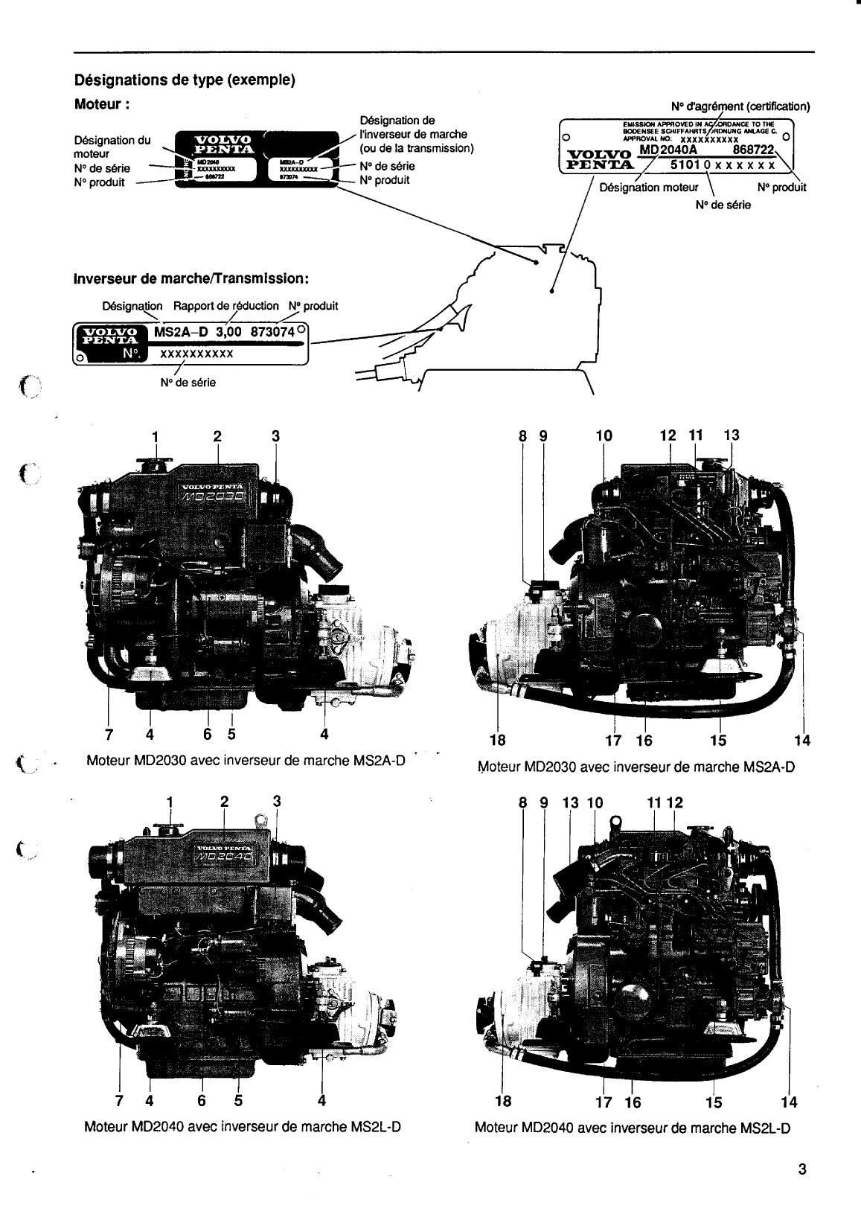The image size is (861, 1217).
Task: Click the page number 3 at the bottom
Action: (x=802, y=1169)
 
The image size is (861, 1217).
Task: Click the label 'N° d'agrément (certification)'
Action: (x=740, y=106)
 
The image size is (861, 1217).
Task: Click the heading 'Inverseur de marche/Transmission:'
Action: (x=191, y=278)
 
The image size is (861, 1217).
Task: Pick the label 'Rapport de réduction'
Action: (x=225, y=306)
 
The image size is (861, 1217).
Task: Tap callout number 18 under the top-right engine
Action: (x=497, y=740)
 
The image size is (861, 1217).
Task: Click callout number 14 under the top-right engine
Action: (x=801, y=740)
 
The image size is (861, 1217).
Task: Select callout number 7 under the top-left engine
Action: (x=109, y=735)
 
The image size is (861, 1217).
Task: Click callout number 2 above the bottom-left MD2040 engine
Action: (x=224, y=802)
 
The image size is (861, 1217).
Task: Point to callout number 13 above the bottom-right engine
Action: (x=570, y=802)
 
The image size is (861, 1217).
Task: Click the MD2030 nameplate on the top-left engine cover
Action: (x=221, y=495)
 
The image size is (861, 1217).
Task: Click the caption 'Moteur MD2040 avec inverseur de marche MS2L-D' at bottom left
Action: (x=243, y=1126)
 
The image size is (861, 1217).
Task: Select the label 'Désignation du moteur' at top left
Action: (x=112, y=147)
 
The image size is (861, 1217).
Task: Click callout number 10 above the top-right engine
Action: (x=604, y=435)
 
